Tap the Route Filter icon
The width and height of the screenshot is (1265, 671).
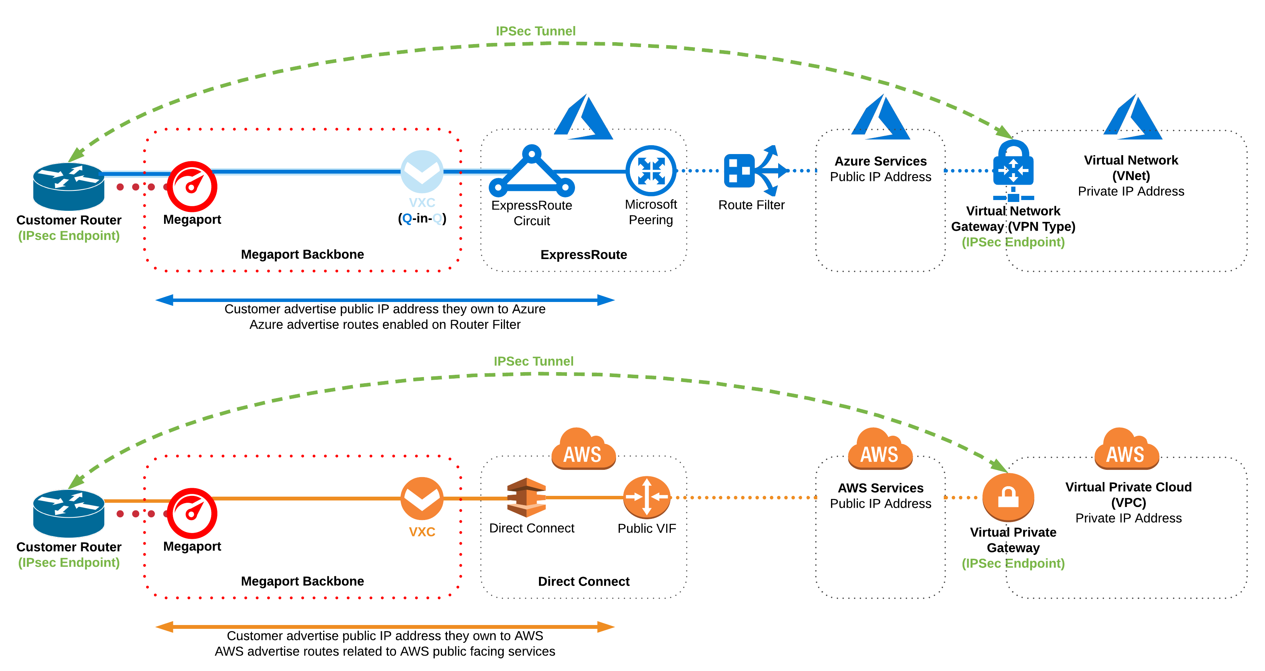coord(754,171)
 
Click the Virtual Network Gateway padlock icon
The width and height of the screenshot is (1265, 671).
coord(1013,167)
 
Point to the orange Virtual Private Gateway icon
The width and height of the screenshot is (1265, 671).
coord(1008,497)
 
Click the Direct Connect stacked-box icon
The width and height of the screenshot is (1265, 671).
coord(526,497)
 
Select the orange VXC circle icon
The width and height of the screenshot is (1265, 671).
coord(422,498)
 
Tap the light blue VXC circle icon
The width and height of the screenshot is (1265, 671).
coord(422,171)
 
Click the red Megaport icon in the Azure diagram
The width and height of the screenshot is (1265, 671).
coord(192,187)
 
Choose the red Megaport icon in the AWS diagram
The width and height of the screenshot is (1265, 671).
coord(192,514)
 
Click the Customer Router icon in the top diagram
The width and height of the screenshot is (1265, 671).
coord(69,187)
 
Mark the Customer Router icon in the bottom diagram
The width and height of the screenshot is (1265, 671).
coord(69,514)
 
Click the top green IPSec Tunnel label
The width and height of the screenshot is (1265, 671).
coord(535,31)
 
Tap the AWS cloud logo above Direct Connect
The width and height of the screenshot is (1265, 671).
coord(583,449)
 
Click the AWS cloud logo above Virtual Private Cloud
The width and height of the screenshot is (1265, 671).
coord(1126,449)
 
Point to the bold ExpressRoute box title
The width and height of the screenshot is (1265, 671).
coord(583,255)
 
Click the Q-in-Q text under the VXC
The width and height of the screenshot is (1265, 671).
coord(422,218)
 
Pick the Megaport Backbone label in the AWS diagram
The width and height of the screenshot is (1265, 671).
coord(302,581)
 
